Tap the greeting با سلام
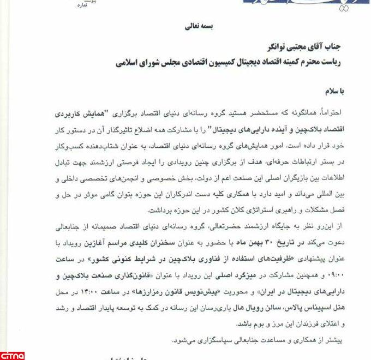click(340, 92)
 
